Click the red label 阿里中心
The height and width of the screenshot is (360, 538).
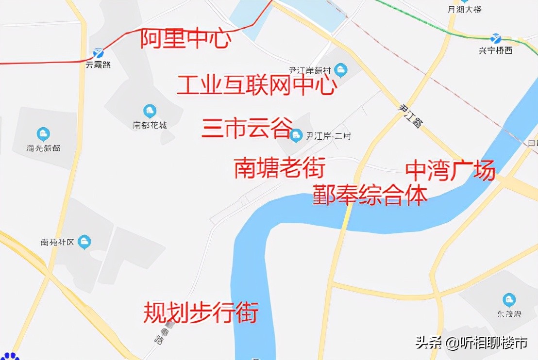click(x=185, y=39)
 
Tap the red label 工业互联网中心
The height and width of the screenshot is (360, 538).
click(x=256, y=85)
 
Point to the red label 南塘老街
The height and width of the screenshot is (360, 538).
click(x=279, y=167)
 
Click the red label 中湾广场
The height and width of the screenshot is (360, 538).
click(x=450, y=170)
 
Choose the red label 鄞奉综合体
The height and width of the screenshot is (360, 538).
click(x=370, y=194)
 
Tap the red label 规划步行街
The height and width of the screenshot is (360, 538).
click(x=200, y=312)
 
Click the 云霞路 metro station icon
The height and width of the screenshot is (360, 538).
click(x=99, y=52)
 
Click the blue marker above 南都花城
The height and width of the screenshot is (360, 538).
click(x=150, y=111)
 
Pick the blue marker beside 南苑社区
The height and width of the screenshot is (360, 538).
click(x=85, y=241)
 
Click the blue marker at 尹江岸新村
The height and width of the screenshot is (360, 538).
click(x=341, y=70)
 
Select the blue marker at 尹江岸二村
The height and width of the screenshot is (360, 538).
click(x=296, y=135)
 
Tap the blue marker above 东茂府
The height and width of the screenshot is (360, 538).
click(x=509, y=299)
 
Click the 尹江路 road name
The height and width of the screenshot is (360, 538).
click(x=409, y=117)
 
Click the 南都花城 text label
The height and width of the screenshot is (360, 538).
click(x=150, y=125)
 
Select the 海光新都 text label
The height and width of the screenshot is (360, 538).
click(x=43, y=147)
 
